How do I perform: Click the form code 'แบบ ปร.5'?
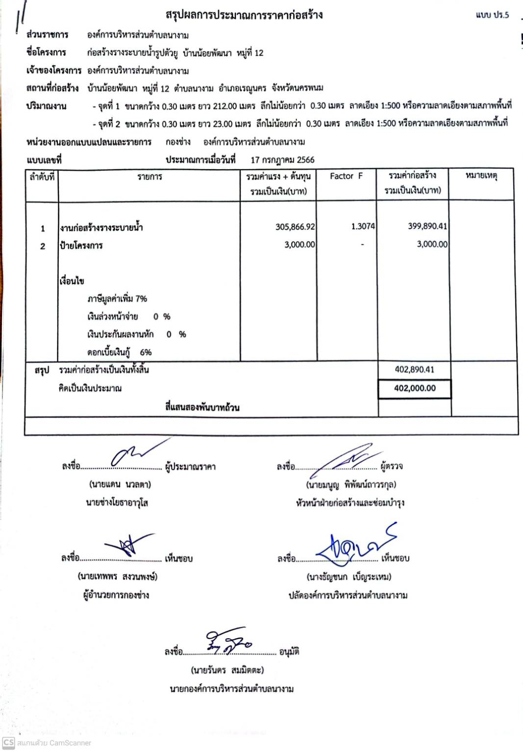pos(492,15)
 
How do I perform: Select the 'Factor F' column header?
pos(346,176)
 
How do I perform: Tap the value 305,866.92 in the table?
pos(295,226)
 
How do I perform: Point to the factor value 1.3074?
pos(363,226)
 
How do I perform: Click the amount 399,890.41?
pos(427,226)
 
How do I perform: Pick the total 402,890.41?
pos(414,370)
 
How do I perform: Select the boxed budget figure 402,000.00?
pos(415,388)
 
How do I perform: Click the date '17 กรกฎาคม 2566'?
pos(282,160)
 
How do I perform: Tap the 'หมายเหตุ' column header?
pos(481,175)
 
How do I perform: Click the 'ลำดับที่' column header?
pos(42,176)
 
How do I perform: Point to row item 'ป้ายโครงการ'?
pos(81,246)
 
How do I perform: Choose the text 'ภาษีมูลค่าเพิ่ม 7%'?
pos(117,299)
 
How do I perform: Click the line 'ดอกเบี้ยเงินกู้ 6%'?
pos(119,352)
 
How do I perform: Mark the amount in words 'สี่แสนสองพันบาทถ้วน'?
pos(202,407)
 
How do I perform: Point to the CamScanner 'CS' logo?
pos(8,743)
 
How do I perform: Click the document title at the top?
pos(244,15)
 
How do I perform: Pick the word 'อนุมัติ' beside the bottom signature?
pos(289,652)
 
